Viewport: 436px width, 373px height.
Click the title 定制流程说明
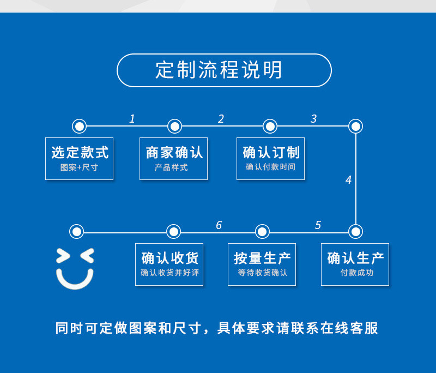(224, 70)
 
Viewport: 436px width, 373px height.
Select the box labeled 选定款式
(79, 158)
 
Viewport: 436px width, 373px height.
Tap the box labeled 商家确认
(173, 158)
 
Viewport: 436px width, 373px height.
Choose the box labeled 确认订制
(270, 158)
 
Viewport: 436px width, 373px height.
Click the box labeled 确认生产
(355, 264)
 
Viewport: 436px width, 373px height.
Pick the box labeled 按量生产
(262, 264)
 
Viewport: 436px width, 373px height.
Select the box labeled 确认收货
(169, 264)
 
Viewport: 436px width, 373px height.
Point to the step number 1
(132, 119)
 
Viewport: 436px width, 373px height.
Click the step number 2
(221, 119)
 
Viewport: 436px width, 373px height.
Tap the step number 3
(313, 119)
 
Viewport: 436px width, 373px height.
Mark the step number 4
(348, 180)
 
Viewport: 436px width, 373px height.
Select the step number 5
(318, 225)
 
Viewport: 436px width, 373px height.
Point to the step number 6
(219, 225)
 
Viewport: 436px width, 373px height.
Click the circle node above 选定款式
(80, 127)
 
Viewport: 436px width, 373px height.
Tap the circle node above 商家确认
(174, 127)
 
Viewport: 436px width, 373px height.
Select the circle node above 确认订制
(270, 127)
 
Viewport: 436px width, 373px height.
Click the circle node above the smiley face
(77, 232)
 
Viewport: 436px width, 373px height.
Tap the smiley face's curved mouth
(75, 281)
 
